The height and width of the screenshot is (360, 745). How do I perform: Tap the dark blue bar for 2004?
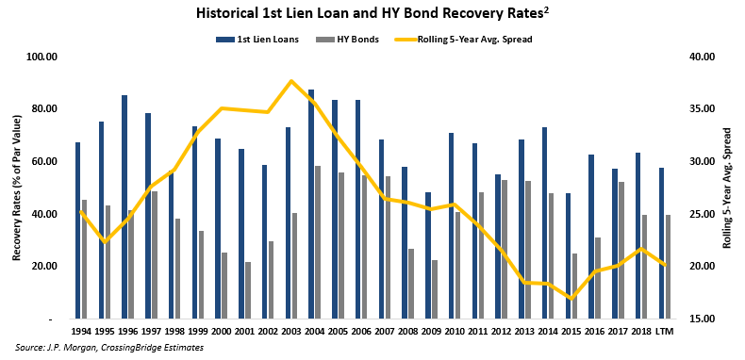tap(311, 204)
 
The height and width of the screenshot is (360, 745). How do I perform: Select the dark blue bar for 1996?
tap(124, 206)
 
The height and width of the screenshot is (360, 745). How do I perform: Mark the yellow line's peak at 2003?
tap(291, 81)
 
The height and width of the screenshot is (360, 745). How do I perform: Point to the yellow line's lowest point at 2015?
tap(570, 299)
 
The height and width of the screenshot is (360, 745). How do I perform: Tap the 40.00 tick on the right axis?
tap(696, 57)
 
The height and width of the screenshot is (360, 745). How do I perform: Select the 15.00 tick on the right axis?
tap(696, 319)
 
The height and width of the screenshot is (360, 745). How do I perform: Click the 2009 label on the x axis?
tap(430, 330)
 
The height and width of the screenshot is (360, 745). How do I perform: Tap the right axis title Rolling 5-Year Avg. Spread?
tap(727, 188)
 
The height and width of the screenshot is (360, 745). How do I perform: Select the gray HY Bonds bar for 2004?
tap(319, 242)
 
